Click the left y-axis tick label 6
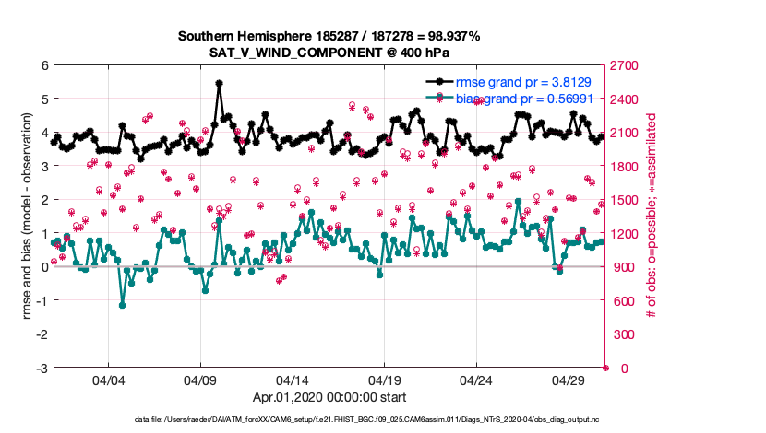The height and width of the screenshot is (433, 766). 44,65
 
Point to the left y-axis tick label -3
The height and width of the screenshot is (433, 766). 42,369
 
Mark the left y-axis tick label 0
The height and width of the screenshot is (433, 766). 44,267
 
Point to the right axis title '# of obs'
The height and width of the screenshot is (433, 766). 652,216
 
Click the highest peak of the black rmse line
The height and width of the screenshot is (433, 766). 219,83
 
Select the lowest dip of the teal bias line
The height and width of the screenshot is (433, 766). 123,305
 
